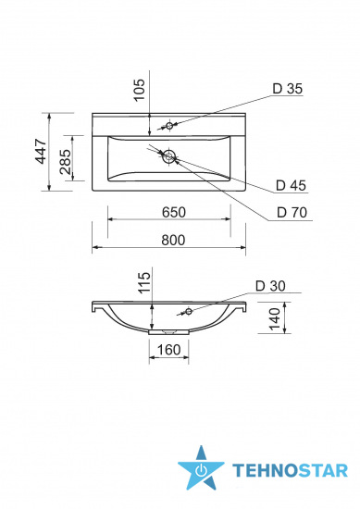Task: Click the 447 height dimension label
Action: point(42,151)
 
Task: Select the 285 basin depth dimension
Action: point(66,162)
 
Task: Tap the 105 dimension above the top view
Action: point(139,90)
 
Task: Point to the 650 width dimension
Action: point(174,212)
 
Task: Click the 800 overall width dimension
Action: point(173,241)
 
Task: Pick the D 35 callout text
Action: point(288,89)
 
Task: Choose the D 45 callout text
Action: point(291,185)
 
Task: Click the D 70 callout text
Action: point(292,213)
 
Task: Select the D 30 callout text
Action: point(270,286)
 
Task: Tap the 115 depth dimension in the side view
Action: point(145,283)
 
